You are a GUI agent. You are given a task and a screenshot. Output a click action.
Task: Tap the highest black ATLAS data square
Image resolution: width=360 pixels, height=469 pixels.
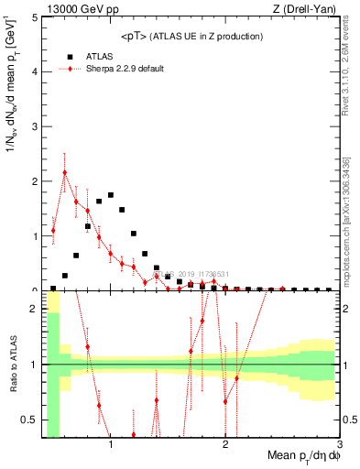coord(111,195)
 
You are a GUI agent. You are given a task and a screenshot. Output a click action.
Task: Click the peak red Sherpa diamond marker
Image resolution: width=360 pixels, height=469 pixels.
coord(65,172)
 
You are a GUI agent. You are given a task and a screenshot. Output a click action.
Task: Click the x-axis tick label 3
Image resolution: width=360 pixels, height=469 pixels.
coord(340,444)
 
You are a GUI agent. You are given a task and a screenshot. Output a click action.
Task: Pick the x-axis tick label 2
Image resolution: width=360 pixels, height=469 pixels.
coord(225,444)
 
